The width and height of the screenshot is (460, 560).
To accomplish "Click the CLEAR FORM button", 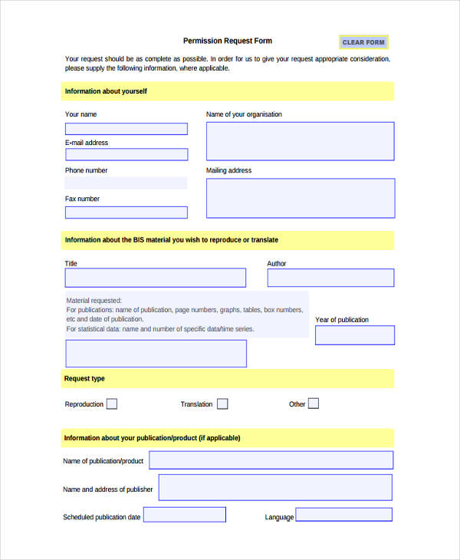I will coord(363,42).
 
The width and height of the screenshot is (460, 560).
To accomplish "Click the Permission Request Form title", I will coord(228,41).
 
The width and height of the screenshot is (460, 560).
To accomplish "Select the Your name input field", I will coord(126,129).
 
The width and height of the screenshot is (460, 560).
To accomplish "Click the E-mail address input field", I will coord(126,154).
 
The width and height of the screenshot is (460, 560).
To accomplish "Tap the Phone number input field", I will coord(126,183).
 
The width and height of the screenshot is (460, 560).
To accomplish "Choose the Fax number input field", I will coord(126,212).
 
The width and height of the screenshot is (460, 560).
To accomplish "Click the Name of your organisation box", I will coord(300,141).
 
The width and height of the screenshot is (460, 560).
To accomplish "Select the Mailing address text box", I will coord(300,198).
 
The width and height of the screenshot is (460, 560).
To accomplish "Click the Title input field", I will coord(156,278).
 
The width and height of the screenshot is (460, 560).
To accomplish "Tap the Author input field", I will coord(330,278).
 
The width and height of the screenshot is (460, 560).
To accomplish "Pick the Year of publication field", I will coord(354,335).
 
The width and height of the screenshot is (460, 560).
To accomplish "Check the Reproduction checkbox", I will coord(112,404).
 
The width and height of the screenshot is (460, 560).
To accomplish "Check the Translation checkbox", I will coord(222,404).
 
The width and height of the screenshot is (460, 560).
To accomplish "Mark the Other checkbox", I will coord(313,404).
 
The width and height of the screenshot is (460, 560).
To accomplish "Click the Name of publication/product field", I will coord(271,460).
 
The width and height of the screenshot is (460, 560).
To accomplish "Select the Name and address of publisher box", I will coord(274,487).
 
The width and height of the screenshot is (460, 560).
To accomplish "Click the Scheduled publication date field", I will coord(185,515).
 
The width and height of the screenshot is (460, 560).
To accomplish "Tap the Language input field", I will coord(343,515).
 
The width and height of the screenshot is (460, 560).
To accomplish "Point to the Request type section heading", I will coord(85,378).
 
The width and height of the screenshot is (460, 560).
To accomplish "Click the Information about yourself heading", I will coord(106,91).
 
